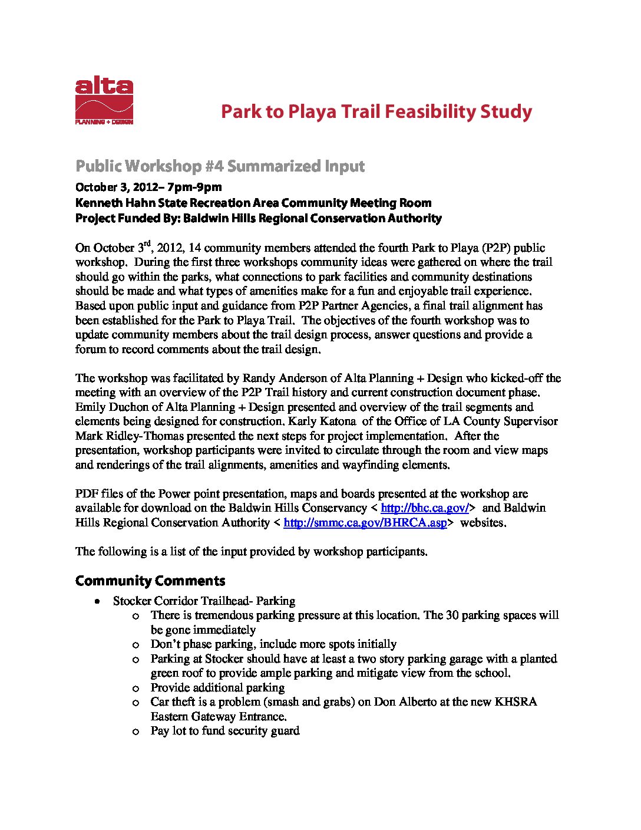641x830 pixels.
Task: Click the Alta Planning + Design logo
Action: click(104, 101)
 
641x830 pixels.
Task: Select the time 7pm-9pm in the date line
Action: click(194, 187)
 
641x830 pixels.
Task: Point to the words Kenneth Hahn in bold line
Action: click(107, 203)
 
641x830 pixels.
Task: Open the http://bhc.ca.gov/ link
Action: click(424, 508)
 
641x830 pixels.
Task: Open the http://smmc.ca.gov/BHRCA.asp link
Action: click(365, 522)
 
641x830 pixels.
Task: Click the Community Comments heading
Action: click(150, 581)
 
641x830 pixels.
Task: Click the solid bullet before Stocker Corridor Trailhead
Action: click(97, 601)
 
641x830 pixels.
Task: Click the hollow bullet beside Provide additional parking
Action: click(136, 688)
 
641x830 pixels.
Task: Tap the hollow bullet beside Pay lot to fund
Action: click(136, 732)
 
